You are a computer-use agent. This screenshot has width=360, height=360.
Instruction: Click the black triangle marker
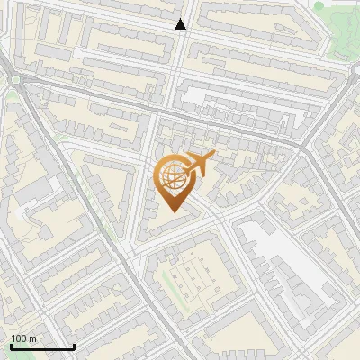tap(181, 24)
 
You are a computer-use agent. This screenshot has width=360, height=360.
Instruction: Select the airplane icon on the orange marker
tap(199, 165)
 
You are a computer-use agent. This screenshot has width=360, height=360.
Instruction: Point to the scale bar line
tap(42, 347)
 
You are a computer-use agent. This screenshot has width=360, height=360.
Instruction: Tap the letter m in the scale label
tap(33, 338)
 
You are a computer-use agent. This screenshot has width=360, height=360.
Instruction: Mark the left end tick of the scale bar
tap(11, 346)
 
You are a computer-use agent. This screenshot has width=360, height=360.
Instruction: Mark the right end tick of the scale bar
tap(74, 346)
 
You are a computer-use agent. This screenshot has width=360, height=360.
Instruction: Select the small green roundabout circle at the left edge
tap(14, 79)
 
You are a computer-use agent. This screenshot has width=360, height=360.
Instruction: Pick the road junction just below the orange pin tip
tap(175, 225)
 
